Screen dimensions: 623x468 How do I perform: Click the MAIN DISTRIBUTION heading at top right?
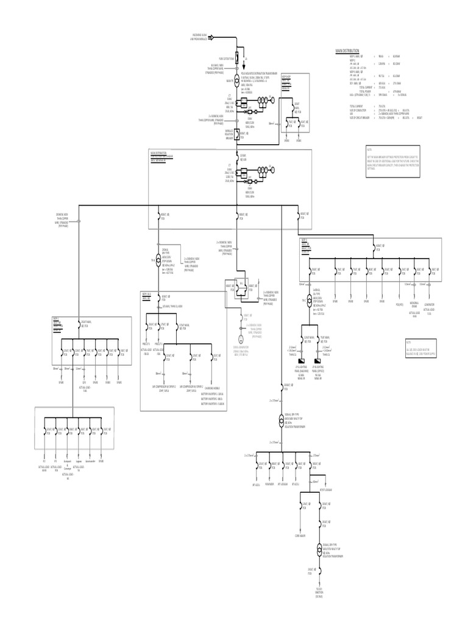(x=347, y=51)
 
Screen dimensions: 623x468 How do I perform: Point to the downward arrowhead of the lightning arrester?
(x=245, y=68)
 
